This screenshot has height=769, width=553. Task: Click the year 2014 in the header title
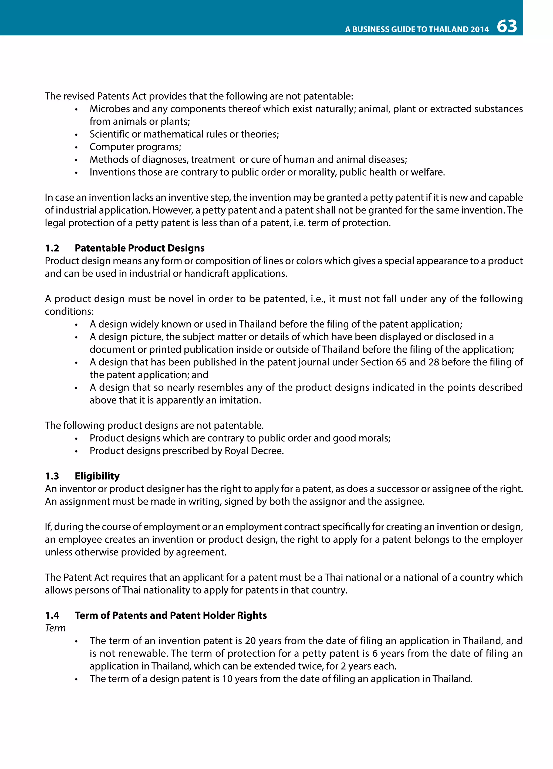pyautogui.click(x=480, y=29)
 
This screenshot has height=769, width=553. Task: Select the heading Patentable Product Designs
pyautogui.click(x=140, y=248)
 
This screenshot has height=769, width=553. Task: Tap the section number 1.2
pyautogui.click(x=52, y=248)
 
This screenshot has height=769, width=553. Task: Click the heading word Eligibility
pyautogui.click(x=97, y=476)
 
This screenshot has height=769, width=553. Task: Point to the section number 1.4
pyautogui.click(x=52, y=615)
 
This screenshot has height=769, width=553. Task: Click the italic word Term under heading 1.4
pyautogui.click(x=55, y=628)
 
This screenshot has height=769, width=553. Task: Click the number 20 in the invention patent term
pyautogui.click(x=250, y=641)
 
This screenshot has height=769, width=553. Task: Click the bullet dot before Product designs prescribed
pyautogui.click(x=76, y=452)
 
